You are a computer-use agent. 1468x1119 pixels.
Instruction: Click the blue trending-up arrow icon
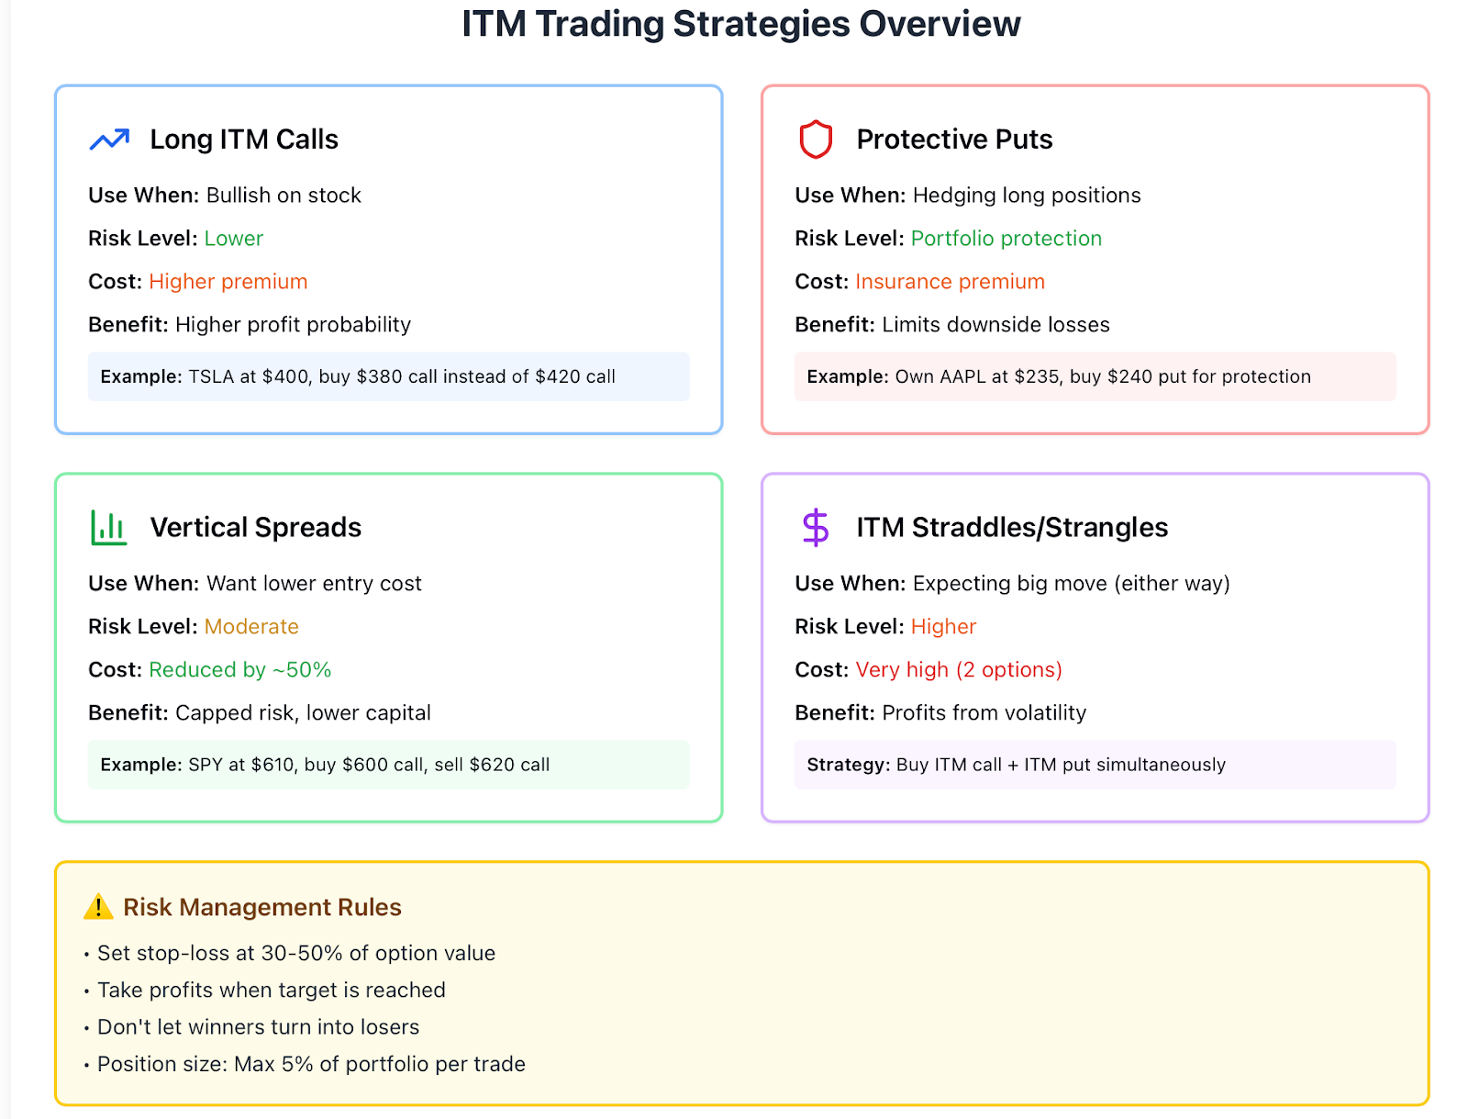(109, 140)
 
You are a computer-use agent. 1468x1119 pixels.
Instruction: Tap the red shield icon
(816, 140)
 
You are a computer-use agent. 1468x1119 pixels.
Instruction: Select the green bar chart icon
(108, 527)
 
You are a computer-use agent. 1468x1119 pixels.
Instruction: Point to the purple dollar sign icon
(816, 528)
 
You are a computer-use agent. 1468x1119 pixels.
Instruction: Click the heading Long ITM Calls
(244, 140)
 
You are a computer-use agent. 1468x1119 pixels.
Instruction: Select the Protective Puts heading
(954, 140)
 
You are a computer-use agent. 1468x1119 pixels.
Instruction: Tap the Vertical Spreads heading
(255, 527)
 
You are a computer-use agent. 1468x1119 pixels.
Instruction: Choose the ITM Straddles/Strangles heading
(1012, 527)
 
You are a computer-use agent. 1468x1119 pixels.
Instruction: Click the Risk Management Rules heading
(262, 907)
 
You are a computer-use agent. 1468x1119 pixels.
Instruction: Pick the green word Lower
(233, 238)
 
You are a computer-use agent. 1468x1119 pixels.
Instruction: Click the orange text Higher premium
(228, 282)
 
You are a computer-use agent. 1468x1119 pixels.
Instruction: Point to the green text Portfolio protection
(1006, 238)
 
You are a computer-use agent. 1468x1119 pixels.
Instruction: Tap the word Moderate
(251, 627)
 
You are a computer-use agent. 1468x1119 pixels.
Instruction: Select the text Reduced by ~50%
(240, 669)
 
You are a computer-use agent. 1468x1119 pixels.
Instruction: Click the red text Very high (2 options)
(959, 669)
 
